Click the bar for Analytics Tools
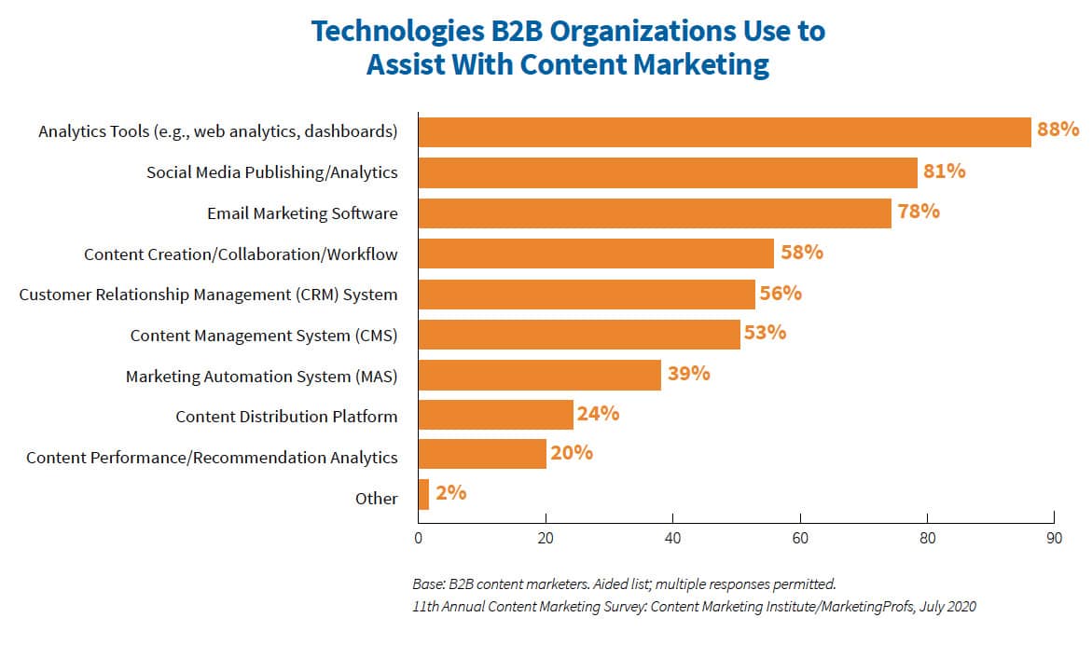coord(725,131)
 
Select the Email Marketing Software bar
coord(655,213)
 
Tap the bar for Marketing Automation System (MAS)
coord(540,375)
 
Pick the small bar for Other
coord(423,495)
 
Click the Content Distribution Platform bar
coord(496,415)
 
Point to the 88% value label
coord(1057,130)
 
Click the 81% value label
coord(944,172)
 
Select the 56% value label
coord(781,293)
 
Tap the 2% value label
coord(450,493)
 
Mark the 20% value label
coord(572,453)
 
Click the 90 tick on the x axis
coord(1053,539)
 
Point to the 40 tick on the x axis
coord(672,539)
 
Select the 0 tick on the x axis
coord(419,539)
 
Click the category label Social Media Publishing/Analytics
coord(271,172)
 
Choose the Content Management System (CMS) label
coord(264,336)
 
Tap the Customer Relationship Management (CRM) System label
coord(208,295)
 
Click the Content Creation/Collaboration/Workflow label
coord(241,254)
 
